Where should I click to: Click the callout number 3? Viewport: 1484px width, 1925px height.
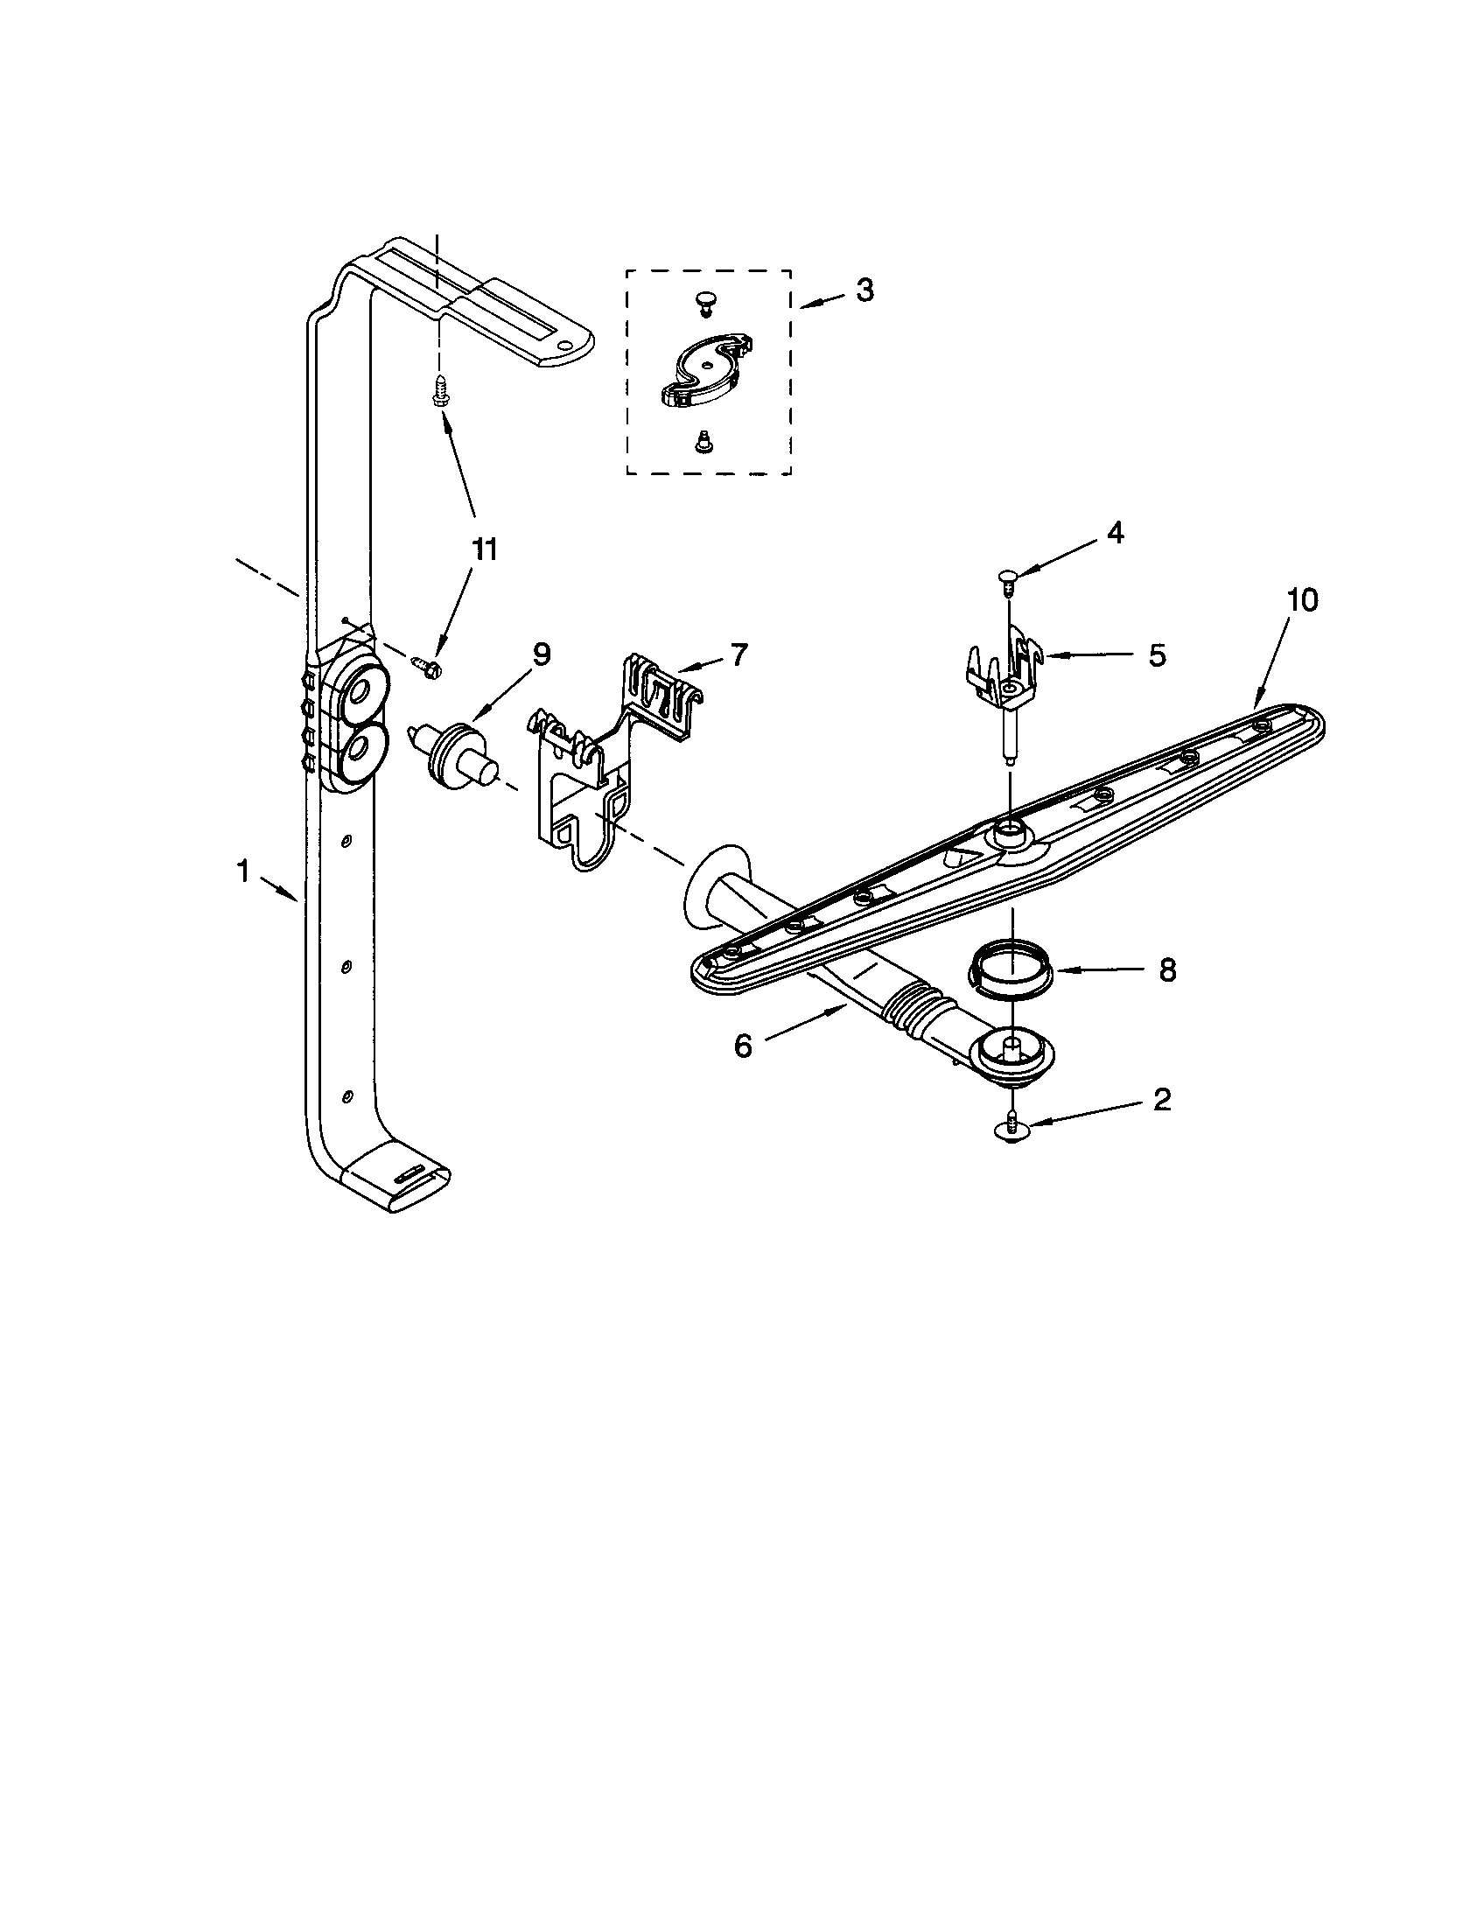pyautogui.click(x=864, y=290)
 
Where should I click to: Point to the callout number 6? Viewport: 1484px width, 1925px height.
pyautogui.click(x=743, y=1046)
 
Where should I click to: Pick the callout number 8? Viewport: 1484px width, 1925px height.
pyautogui.click(x=1166, y=969)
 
